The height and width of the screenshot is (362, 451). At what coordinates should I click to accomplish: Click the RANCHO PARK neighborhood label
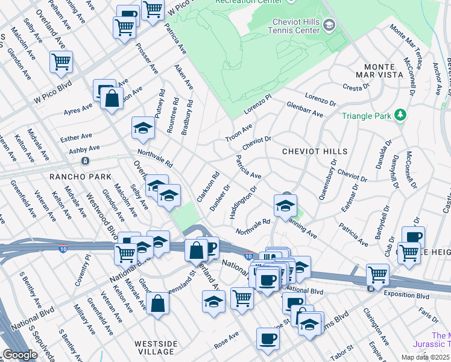pyautogui.click(x=80, y=177)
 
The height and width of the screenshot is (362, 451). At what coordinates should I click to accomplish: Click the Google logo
pyautogui.click(x=20, y=355)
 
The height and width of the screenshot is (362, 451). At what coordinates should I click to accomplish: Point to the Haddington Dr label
pyautogui.click(x=243, y=202)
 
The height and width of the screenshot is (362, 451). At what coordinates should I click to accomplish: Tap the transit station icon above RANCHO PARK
pyautogui.click(x=85, y=161)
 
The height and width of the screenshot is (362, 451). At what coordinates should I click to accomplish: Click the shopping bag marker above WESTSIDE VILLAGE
pyautogui.click(x=157, y=305)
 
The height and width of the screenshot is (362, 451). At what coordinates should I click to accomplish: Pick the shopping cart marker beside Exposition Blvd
pyautogui.click(x=378, y=275)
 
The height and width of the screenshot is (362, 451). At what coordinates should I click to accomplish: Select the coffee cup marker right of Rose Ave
pyautogui.click(x=268, y=340)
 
